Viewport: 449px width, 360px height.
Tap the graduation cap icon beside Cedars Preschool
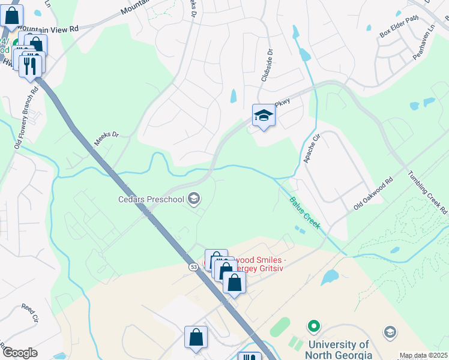tap(194, 197)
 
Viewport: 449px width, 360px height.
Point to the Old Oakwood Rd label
tap(373, 193)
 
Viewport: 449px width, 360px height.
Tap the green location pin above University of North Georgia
tap(312, 327)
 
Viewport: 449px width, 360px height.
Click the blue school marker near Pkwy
tap(263, 116)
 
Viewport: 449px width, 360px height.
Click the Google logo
tap(19, 353)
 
